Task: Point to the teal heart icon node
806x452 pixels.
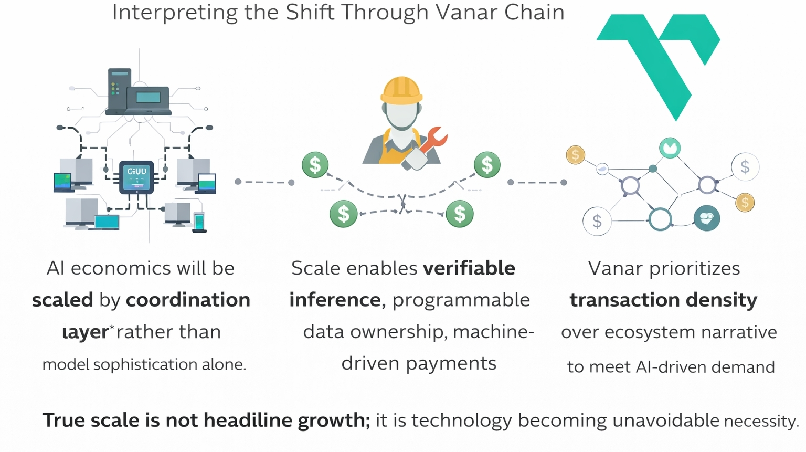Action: click(x=706, y=218)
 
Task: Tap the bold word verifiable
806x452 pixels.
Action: click(x=469, y=268)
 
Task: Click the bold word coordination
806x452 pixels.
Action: click(x=188, y=300)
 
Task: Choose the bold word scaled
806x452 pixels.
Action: click(x=62, y=300)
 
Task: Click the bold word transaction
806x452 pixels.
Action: click(x=616, y=300)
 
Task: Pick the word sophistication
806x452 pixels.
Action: click(x=145, y=364)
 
